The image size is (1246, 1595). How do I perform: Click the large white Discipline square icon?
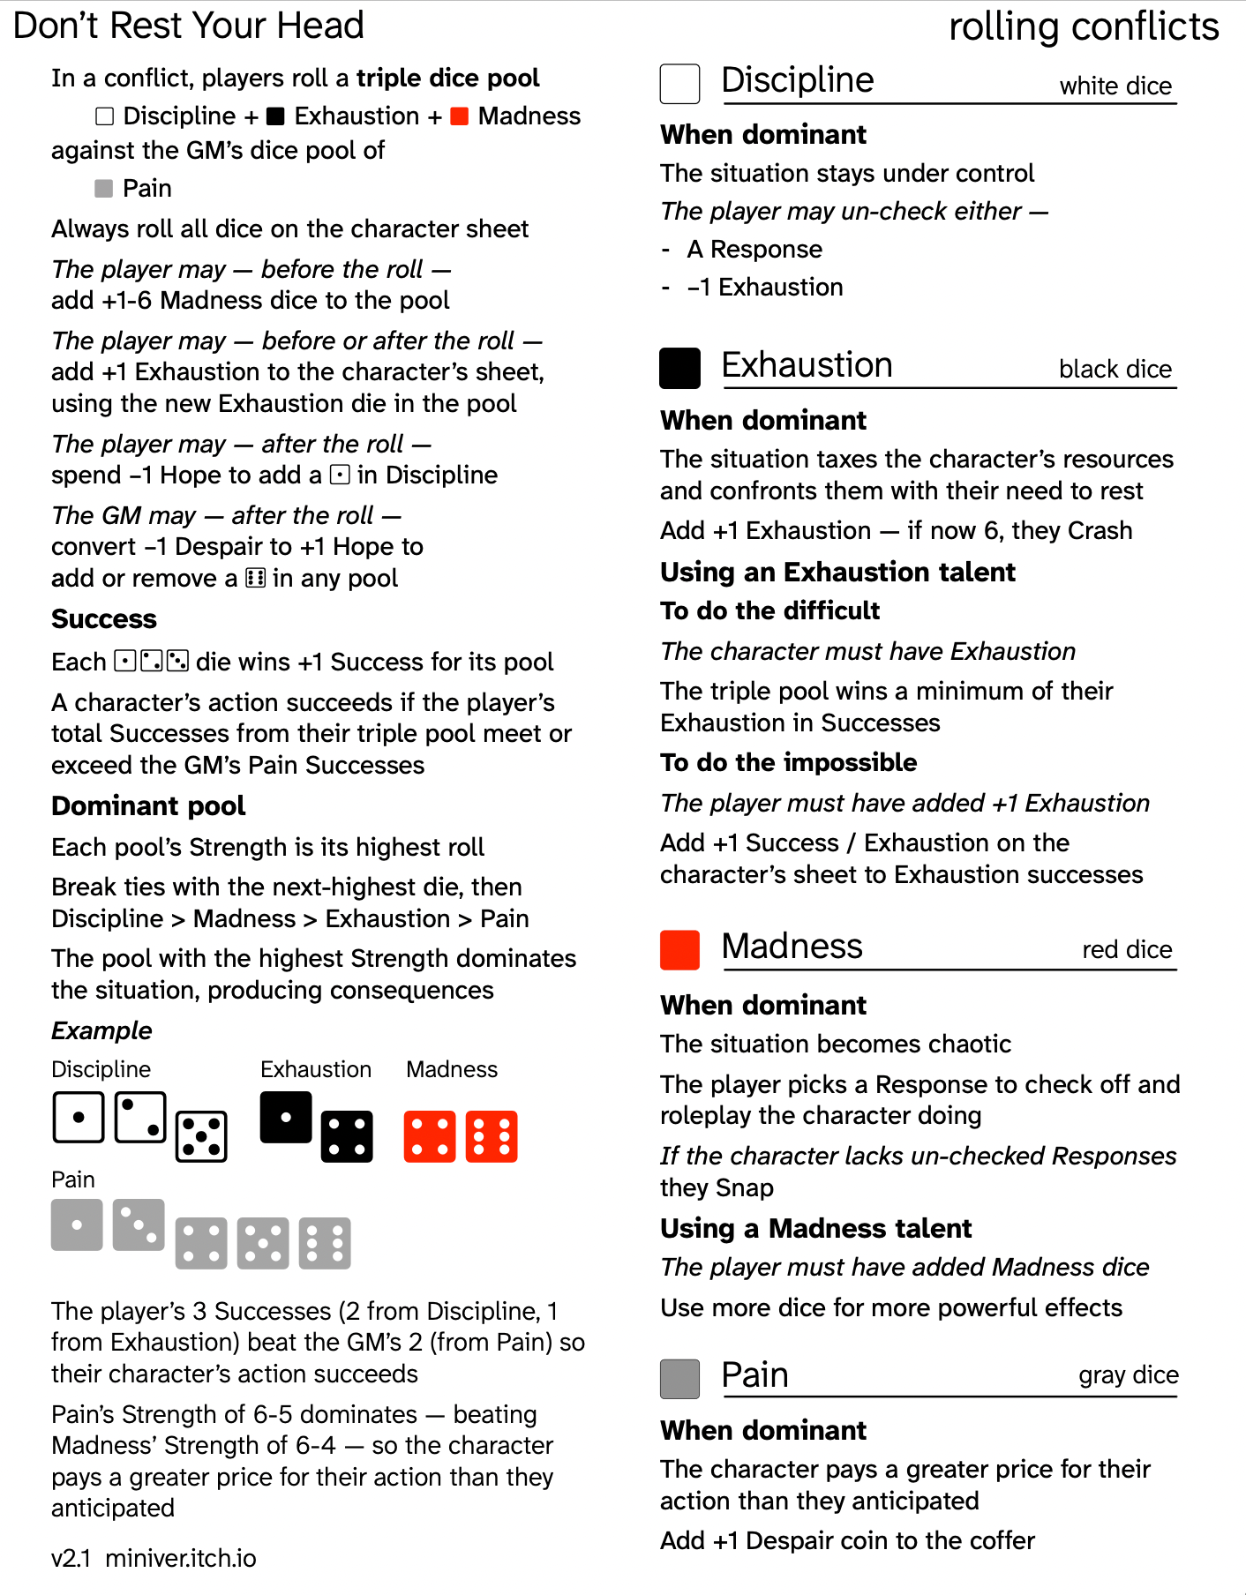(679, 84)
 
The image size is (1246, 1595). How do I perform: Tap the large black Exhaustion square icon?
(679, 368)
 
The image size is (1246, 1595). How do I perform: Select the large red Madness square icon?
(679, 950)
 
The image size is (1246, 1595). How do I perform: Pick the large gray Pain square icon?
(679, 1379)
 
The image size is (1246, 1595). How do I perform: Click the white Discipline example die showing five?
(201, 1136)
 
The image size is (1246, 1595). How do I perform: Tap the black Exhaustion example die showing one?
(286, 1117)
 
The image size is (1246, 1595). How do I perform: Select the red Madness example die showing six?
(492, 1136)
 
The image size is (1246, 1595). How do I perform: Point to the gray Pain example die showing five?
(263, 1243)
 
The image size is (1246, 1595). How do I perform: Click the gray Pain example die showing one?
(77, 1224)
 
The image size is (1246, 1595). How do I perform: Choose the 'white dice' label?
(1115, 86)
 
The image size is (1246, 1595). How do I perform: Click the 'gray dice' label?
(1128, 1375)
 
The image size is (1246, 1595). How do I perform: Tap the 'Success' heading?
(104, 619)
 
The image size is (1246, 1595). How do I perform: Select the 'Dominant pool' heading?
(148, 806)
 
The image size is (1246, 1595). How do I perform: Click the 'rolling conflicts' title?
(1084, 26)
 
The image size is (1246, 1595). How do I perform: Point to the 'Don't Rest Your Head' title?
(189, 26)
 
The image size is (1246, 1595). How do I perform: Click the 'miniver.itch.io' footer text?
(181, 1558)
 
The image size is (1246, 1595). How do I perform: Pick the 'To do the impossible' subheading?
(788, 762)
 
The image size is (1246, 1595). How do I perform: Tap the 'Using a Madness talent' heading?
(815, 1228)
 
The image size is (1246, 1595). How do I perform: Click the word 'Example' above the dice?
(101, 1030)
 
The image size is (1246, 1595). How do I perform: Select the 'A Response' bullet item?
(754, 250)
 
